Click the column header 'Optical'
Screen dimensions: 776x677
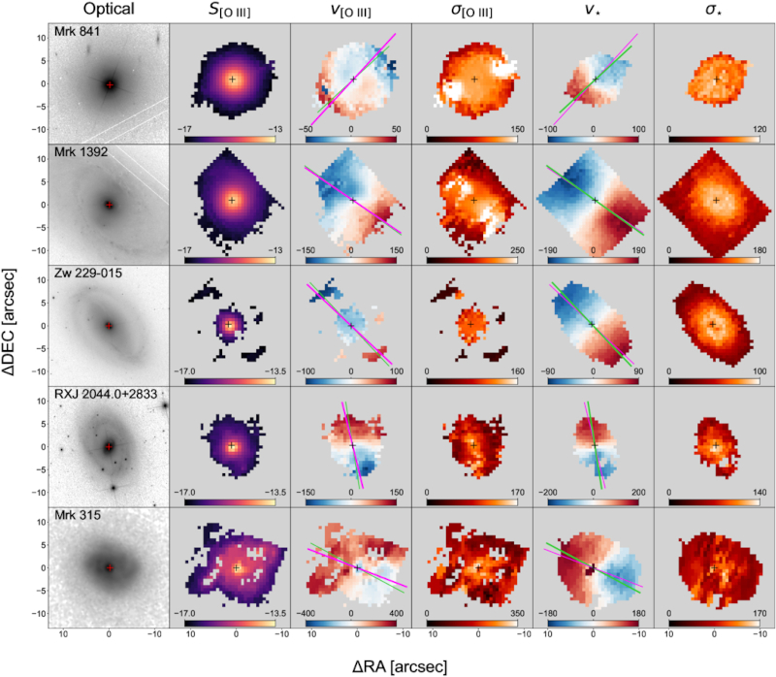[x=109, y=9]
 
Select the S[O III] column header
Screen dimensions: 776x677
[x=230, y=11]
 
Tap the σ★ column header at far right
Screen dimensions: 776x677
[x=714, y=10]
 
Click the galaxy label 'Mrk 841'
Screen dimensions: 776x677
[x=78, y=31]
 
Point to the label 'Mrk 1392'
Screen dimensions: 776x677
[x=81, y=152]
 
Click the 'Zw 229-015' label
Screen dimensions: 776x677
[x=88, y=273]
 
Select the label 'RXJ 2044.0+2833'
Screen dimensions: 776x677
[x=106, y=394]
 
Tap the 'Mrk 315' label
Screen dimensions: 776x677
[x=78, y=515]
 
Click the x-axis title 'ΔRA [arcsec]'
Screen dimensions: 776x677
[x=400, y=666]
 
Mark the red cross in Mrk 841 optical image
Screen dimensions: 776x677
[x=110, y=84]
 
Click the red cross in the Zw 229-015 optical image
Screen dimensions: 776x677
[x=110, y=326]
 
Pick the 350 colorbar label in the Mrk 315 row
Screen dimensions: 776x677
[x=517, y=613]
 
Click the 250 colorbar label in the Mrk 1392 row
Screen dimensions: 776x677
[x=517, y=250]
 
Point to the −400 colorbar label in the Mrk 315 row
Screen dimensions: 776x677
[x=306, y=613]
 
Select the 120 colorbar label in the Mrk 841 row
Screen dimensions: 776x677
[x=760, y=129]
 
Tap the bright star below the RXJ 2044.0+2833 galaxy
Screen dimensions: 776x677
[x=113, y=488]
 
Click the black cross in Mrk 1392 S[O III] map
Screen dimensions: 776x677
[x=232, y=201]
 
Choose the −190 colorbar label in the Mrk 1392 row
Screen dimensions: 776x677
[x=547, y=250]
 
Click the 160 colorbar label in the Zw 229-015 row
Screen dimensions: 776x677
[x=517, y=371]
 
